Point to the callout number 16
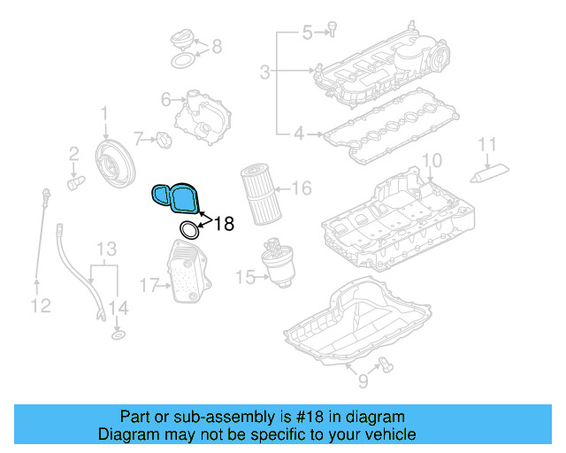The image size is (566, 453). point(301,188)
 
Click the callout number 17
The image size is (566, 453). point(149,285)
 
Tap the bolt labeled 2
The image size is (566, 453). point(75,181)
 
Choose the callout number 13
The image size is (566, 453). point(107,248)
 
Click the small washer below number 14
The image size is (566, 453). point(117,336)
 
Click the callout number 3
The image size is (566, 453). point(265,71)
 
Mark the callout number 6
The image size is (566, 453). point(165,100)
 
